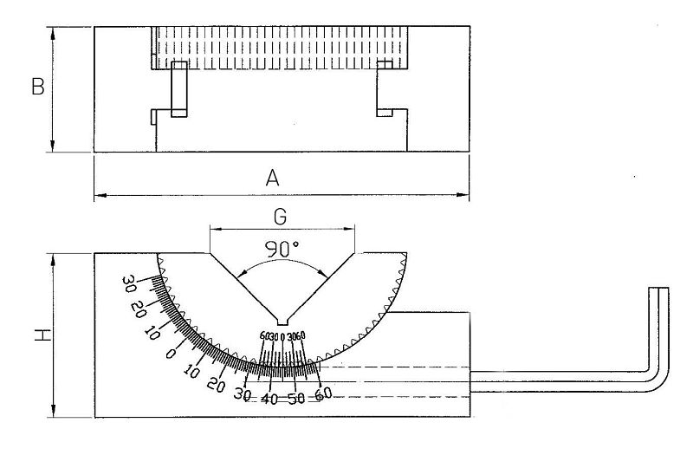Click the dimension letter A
(x=272, y=179)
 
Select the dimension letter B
(x=37, y=88)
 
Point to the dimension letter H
(x=36, y=334)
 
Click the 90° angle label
(x=282, y=248)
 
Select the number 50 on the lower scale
(x=297, y=400)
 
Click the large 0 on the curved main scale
(x=171, y=354)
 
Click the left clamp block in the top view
(x=179, y=89)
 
